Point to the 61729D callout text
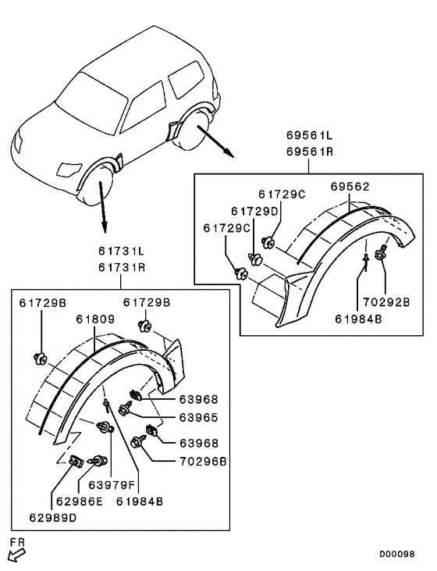(254, 211)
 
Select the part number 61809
(95, 319)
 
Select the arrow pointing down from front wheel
(102, 209)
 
